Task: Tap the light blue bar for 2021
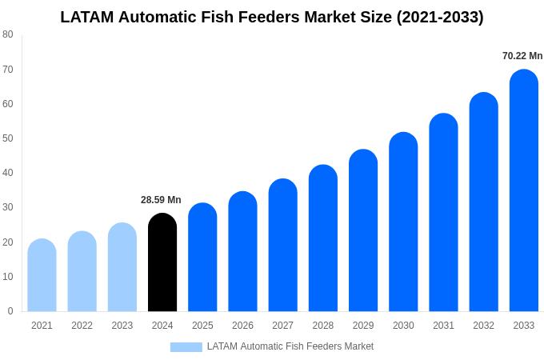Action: (42, 275)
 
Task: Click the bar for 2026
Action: (242, 251)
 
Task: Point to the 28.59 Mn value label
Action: (161, 200)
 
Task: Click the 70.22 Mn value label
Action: (522, 56)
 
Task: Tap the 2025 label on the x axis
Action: (202, 326)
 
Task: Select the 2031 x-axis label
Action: (443, 326)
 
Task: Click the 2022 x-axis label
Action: (82, 326)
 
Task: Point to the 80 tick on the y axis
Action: (8, 34)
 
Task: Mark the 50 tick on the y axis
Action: (8, 138)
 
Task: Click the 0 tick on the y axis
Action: (10, 311)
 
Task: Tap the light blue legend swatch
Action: (186, 347)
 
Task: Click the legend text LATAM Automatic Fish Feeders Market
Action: (290, 346)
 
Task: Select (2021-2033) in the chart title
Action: (440, 17)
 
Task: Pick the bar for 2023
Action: (122, 267)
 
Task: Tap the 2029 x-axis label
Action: (363, 326)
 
